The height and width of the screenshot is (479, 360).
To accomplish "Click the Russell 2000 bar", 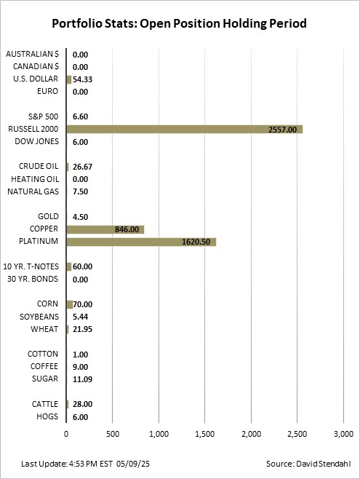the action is [x=185, y=130].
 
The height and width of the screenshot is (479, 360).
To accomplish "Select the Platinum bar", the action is [x=141, y=242].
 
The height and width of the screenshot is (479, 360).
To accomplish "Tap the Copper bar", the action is [x=105, y=229].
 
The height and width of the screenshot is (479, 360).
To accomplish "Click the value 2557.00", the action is [x=282, y=130].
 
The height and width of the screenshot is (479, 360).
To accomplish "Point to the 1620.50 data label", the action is [x=196, y=242].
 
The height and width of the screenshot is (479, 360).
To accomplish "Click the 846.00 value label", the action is [x=127, y=229].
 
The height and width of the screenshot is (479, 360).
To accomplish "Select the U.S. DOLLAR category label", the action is [x=36, y=79].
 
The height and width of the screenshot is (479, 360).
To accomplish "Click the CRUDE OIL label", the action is [x=39, y=166].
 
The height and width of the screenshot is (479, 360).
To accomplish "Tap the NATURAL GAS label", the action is [x=33, y=191].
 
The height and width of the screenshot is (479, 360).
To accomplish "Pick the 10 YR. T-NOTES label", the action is [x=31, y=266].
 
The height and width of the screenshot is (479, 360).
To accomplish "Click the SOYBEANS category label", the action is [x=39, y=317].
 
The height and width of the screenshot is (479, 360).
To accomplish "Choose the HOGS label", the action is [x=47, y=416].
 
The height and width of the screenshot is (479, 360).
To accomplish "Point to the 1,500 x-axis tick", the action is [x=205, y=434].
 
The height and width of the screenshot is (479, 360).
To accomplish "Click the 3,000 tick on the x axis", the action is [x=343, y=434].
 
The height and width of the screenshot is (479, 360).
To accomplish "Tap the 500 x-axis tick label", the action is [x=113, y=434].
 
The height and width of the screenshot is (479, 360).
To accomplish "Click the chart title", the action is [x=179, y=23].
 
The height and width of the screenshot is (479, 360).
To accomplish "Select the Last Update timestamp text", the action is [x=85, y=464].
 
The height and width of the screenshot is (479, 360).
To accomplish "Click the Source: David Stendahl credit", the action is [x=308, y=464].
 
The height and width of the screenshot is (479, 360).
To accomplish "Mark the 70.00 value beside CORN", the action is [x=82, y=304].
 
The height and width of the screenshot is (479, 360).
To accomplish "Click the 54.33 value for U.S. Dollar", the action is [x=82, y=79].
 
